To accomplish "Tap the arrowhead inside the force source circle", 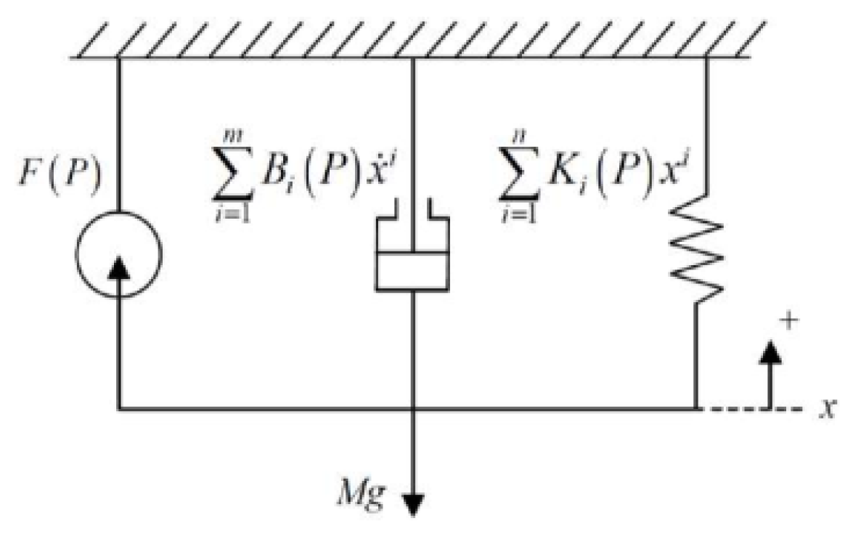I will (x=118, y=270).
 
